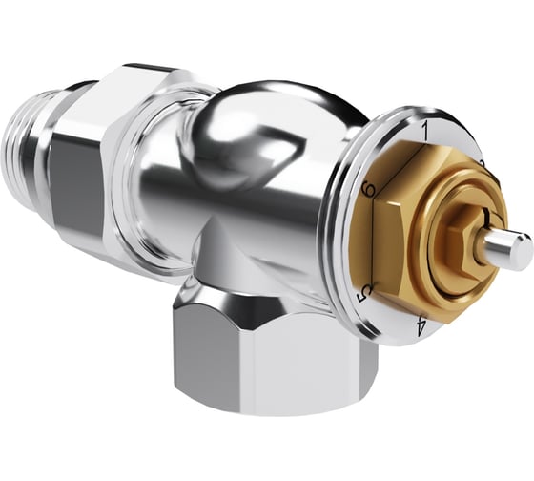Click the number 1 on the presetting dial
(423, 124)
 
